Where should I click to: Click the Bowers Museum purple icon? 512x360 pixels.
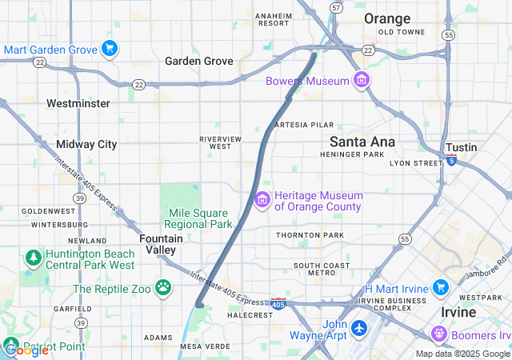[x=362, y=81]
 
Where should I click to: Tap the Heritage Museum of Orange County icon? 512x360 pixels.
[x=262, y=199]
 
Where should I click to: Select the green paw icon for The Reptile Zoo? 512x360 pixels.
[x=163, y=286]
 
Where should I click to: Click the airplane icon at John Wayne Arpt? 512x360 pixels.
[x=359, y=329]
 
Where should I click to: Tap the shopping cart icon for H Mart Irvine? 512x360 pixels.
[x=440, y=287]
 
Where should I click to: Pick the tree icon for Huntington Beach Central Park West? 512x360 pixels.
[x=33, y=258]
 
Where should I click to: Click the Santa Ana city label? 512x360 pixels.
[x=362, y=142]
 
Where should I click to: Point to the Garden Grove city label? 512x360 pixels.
[x=199, y=61]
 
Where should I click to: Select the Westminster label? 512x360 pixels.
[x=78, y=103]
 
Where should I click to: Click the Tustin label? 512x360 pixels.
[x=462, y=147]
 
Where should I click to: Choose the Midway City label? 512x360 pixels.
[x=86, y=144]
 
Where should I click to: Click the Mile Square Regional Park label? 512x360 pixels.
[x=200, y=218]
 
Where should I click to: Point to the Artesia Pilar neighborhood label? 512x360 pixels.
[x=303, y=126]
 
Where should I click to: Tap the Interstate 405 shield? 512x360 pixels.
[x=278, y=304]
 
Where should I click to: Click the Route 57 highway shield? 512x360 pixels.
[x=336, y=7]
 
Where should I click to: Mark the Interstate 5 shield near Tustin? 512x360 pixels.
[x=452, y=160]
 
